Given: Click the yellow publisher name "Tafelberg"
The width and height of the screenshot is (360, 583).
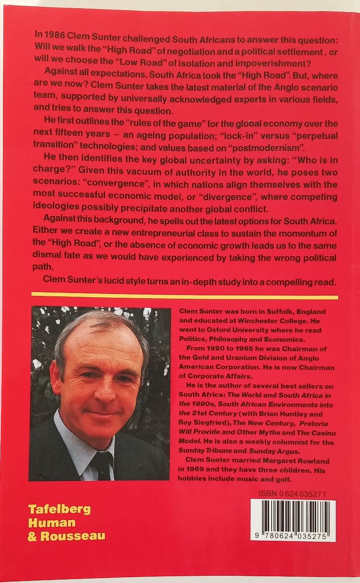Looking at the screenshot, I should click(x=59, y=510).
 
